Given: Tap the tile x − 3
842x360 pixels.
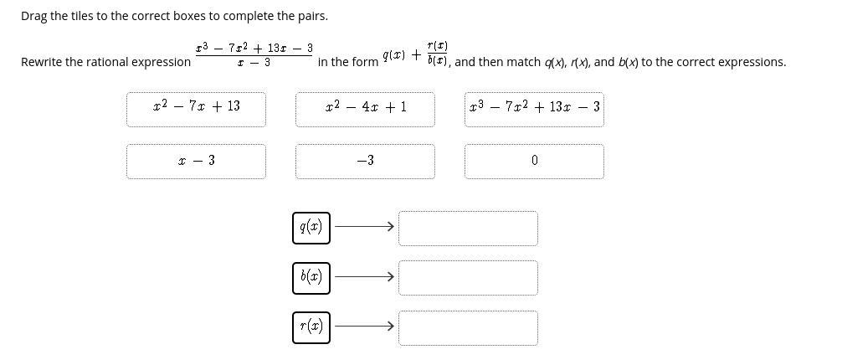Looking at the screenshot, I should [x=197, y=161].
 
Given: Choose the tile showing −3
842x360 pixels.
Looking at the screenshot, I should [x=365, y=161].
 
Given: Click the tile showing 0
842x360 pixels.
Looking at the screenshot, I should [x=534, y=161].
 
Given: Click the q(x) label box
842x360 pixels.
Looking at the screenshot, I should [x=311, y=227].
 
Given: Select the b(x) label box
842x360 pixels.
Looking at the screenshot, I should [x=311, y=277].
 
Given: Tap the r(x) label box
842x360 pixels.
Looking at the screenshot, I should [x=311, y=327].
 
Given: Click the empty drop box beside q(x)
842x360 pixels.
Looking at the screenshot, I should [x=468, y=228].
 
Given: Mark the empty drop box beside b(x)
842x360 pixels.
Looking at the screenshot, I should [x=468, y=278].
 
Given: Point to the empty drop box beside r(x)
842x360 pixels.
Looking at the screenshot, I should [x=468, y=327].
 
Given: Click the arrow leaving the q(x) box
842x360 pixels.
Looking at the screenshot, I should [x=364, y=227].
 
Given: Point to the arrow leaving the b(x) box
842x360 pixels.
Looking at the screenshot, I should [x=364, y=277].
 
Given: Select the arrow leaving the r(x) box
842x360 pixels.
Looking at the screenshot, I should [x=364, y=327].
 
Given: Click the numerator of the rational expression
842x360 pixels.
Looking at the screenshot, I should [x=254, y=49].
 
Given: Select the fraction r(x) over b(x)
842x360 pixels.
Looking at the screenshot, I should [x=437, y=52].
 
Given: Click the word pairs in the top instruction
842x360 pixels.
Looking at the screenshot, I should [x=311, y=16].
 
